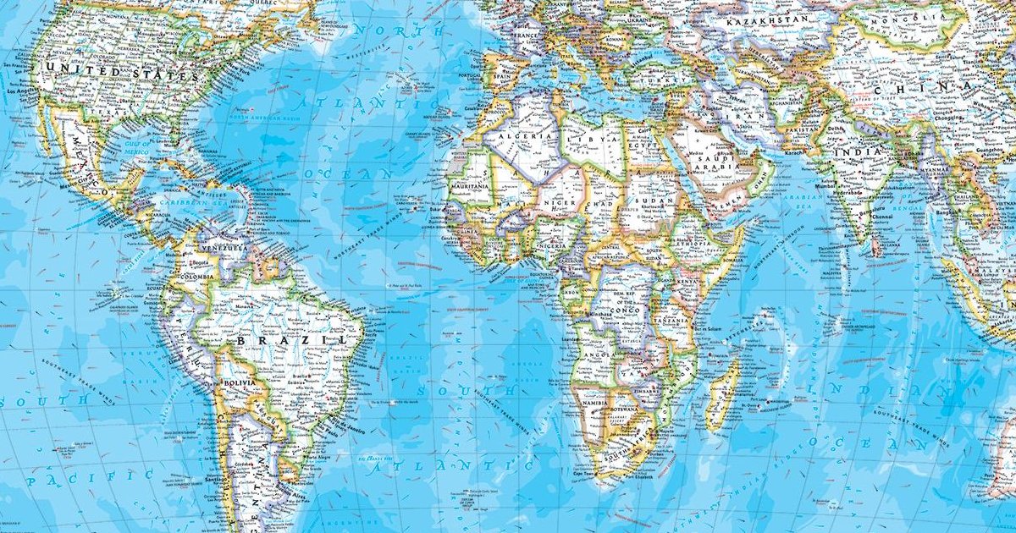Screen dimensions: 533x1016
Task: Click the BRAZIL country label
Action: click(292, 340)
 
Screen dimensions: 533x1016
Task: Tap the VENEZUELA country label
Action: click(224, 249)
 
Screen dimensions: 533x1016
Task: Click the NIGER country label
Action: click(560, 202)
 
